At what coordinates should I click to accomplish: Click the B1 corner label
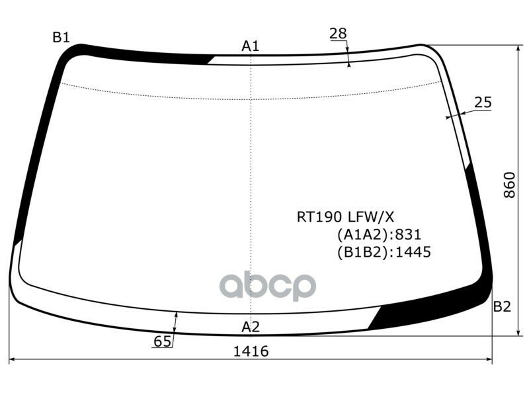(x=61, y=38)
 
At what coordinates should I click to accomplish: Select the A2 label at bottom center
(x=251, y=326)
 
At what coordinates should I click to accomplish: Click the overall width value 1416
(x=250, y=351)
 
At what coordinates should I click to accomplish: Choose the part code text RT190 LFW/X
(x=345, y=216)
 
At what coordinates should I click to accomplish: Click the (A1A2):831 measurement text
(x=378, y=234)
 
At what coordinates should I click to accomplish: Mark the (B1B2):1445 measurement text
(x=383, y=252)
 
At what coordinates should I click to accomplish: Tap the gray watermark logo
(x=268, y=286)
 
